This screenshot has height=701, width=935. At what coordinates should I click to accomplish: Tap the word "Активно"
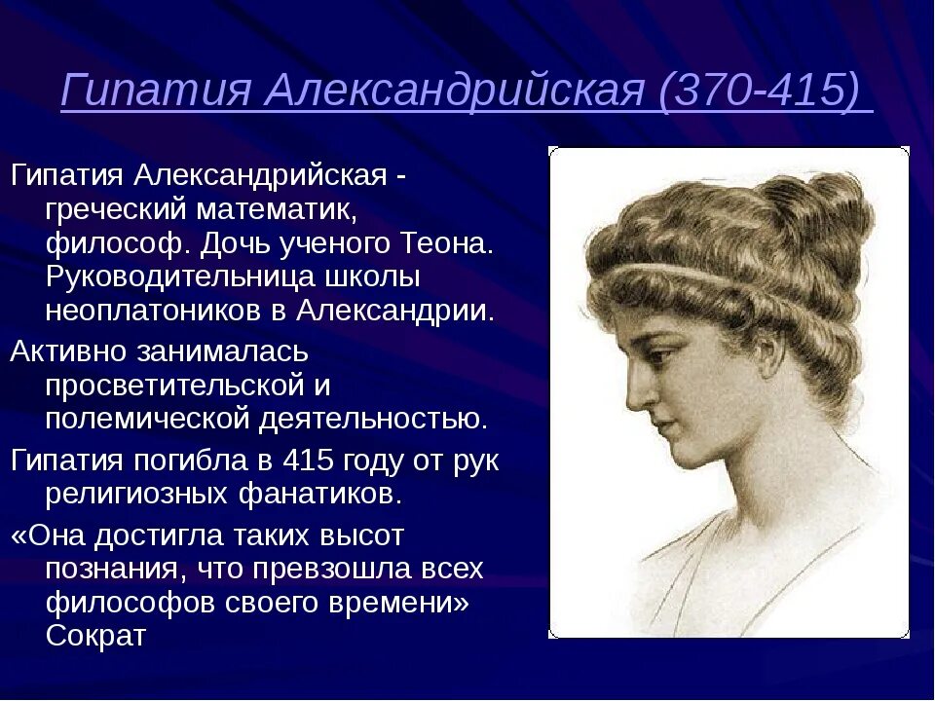(x=74, y=350)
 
